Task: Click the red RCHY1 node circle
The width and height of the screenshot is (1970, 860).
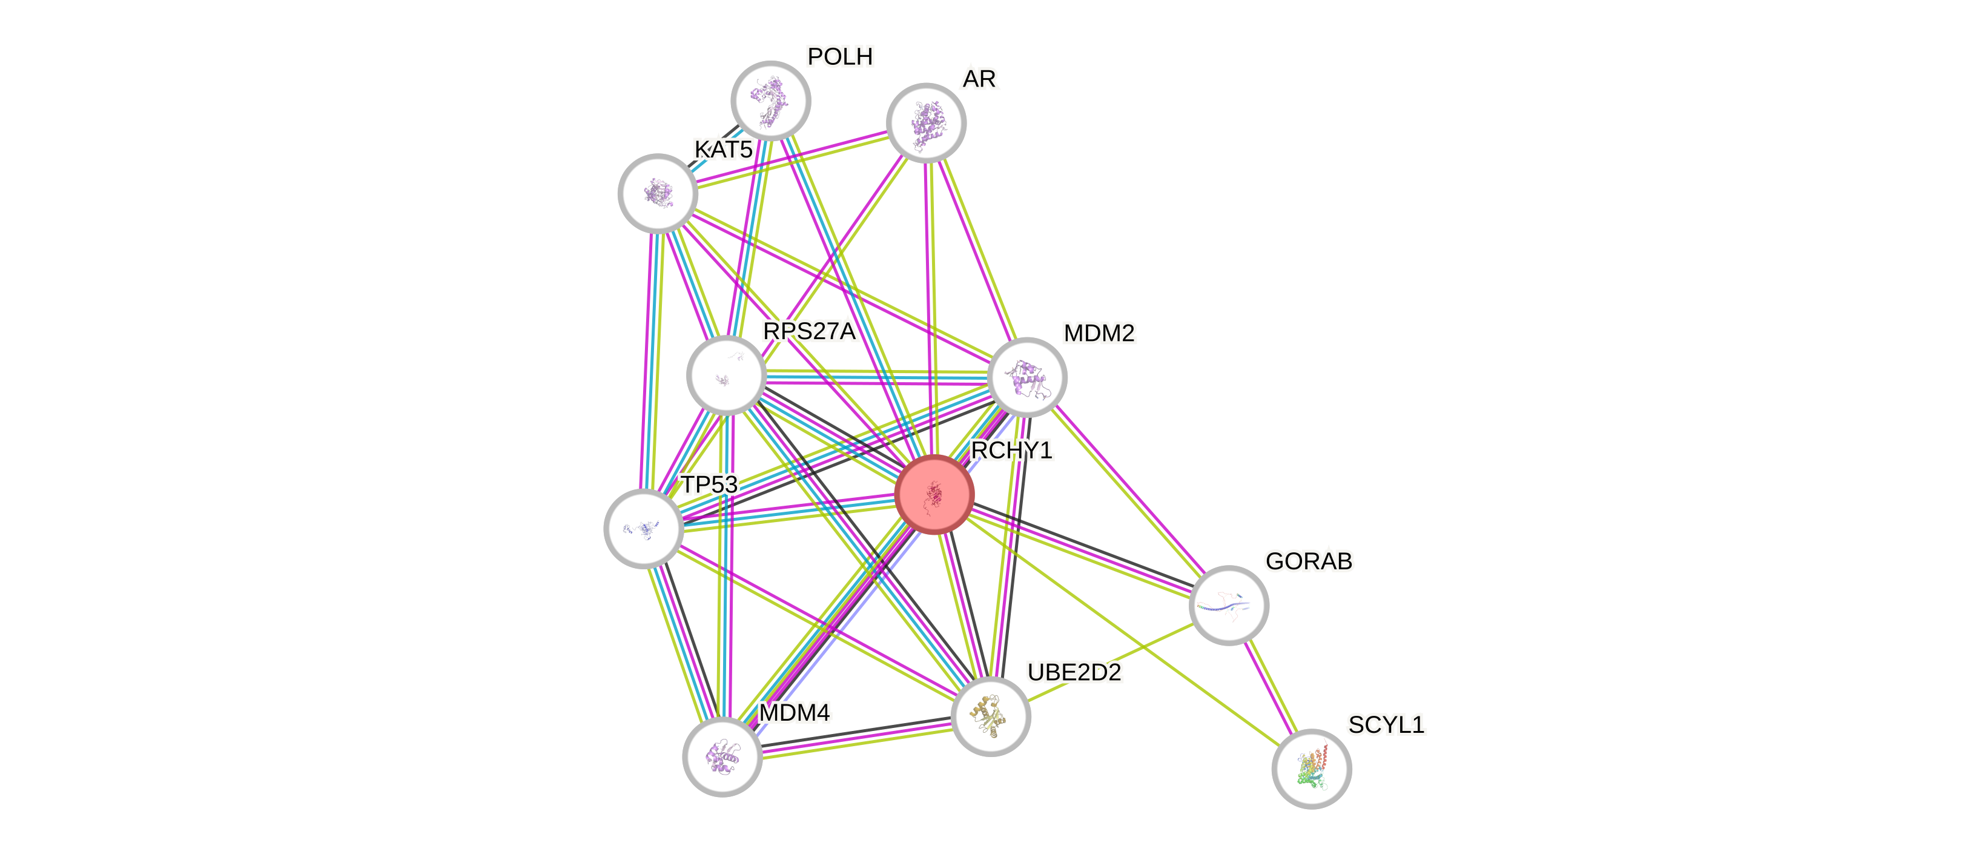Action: [x=934, y=494]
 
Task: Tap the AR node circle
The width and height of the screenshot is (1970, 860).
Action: [x=926, y=122]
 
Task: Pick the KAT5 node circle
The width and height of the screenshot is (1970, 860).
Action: [x=658, y=193]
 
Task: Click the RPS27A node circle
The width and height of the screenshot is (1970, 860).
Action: [x=726, y=375]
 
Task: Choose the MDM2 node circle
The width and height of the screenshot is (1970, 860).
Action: [x=1026, y=377]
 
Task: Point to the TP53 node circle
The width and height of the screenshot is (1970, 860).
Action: [x=643, y=529]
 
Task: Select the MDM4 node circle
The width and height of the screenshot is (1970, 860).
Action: [x=722, y=756]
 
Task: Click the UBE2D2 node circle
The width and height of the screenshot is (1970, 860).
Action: [x=990, y=716]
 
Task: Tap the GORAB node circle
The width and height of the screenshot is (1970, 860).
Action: [x=1228, y=605]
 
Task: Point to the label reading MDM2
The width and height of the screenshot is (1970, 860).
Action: [x=1099, y=333]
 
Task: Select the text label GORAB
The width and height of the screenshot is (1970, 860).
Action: [x=1309, y=561]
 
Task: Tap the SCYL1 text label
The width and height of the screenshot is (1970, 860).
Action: [x=1386, y=724]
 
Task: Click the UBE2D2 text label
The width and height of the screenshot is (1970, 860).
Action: [x=1074, y=672]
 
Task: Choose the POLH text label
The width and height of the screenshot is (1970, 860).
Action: [x=840, y=56]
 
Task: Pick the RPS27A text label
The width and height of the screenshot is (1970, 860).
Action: [x=809, y=331]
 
